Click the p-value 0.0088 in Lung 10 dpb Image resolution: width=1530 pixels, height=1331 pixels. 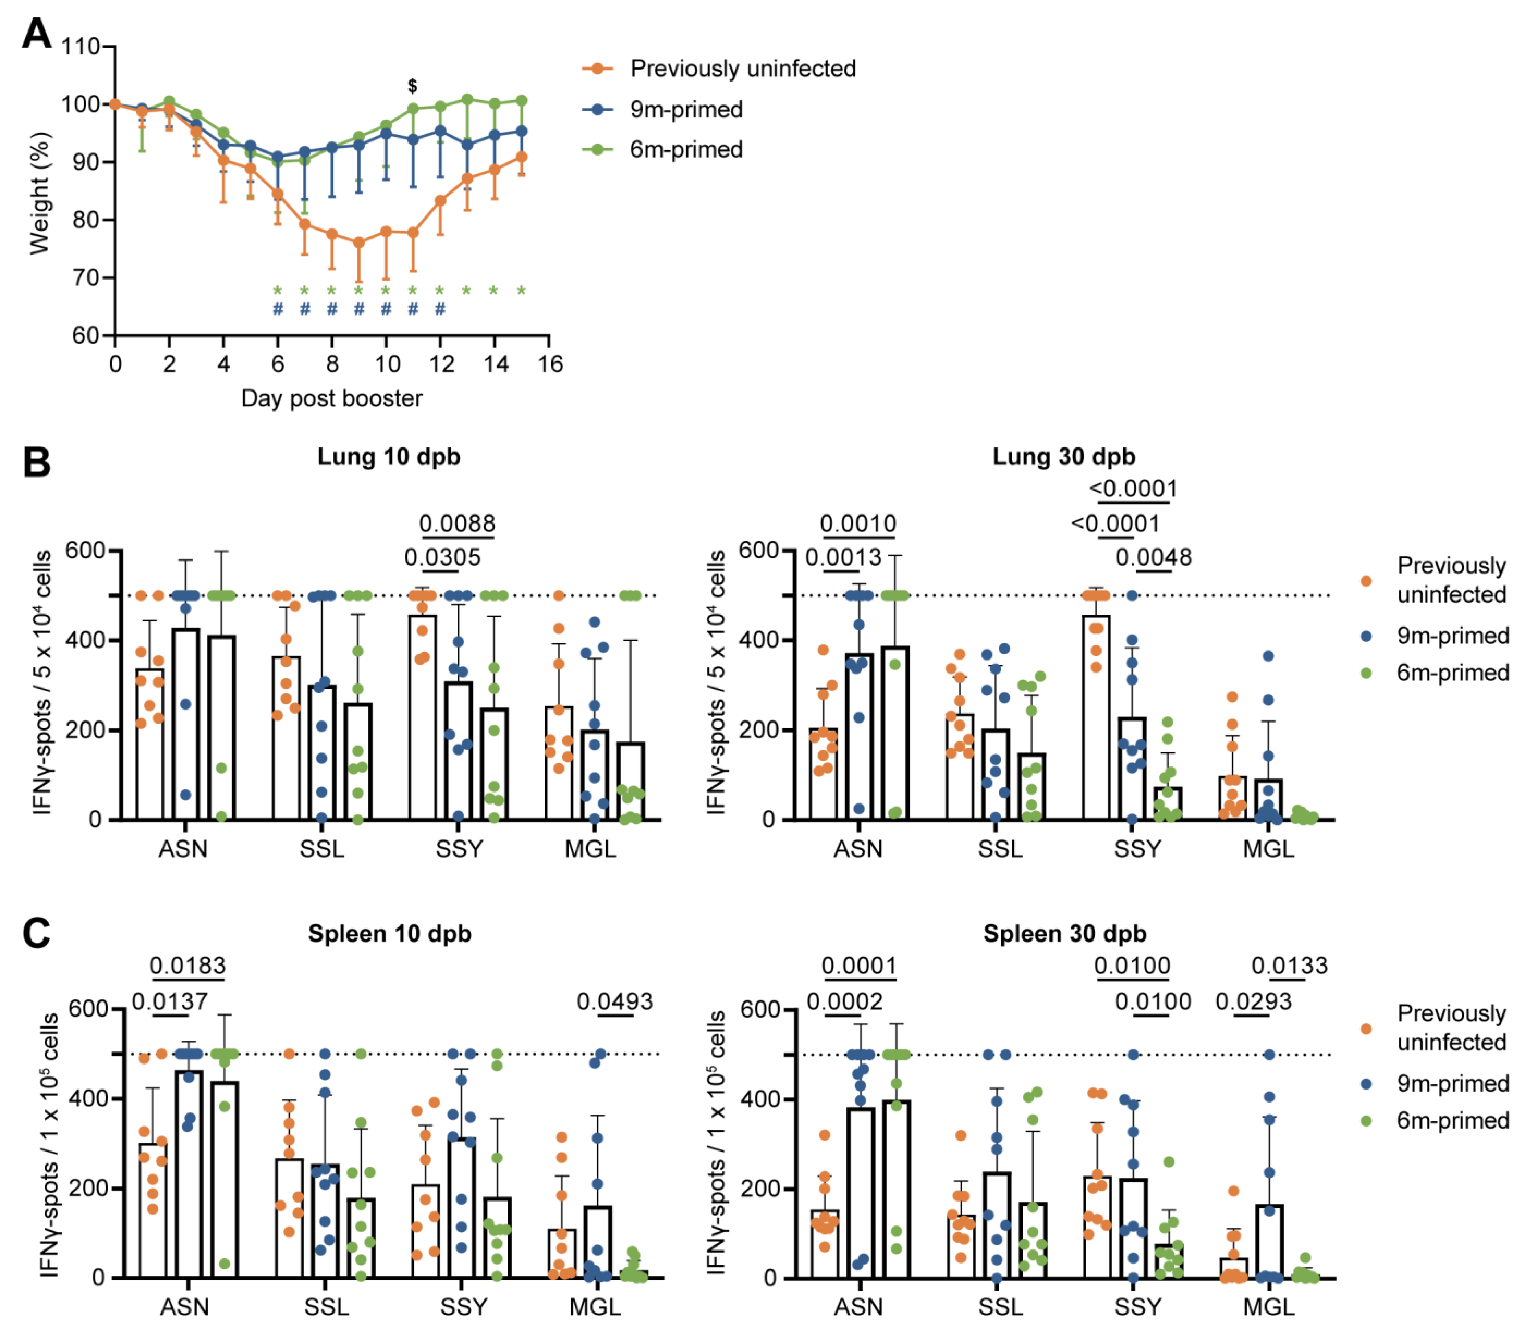[x=457, y=524]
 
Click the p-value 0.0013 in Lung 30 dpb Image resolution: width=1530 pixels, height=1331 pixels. [x=844, y=557]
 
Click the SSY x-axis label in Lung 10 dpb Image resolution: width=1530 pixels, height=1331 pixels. [x=459, y=848]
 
